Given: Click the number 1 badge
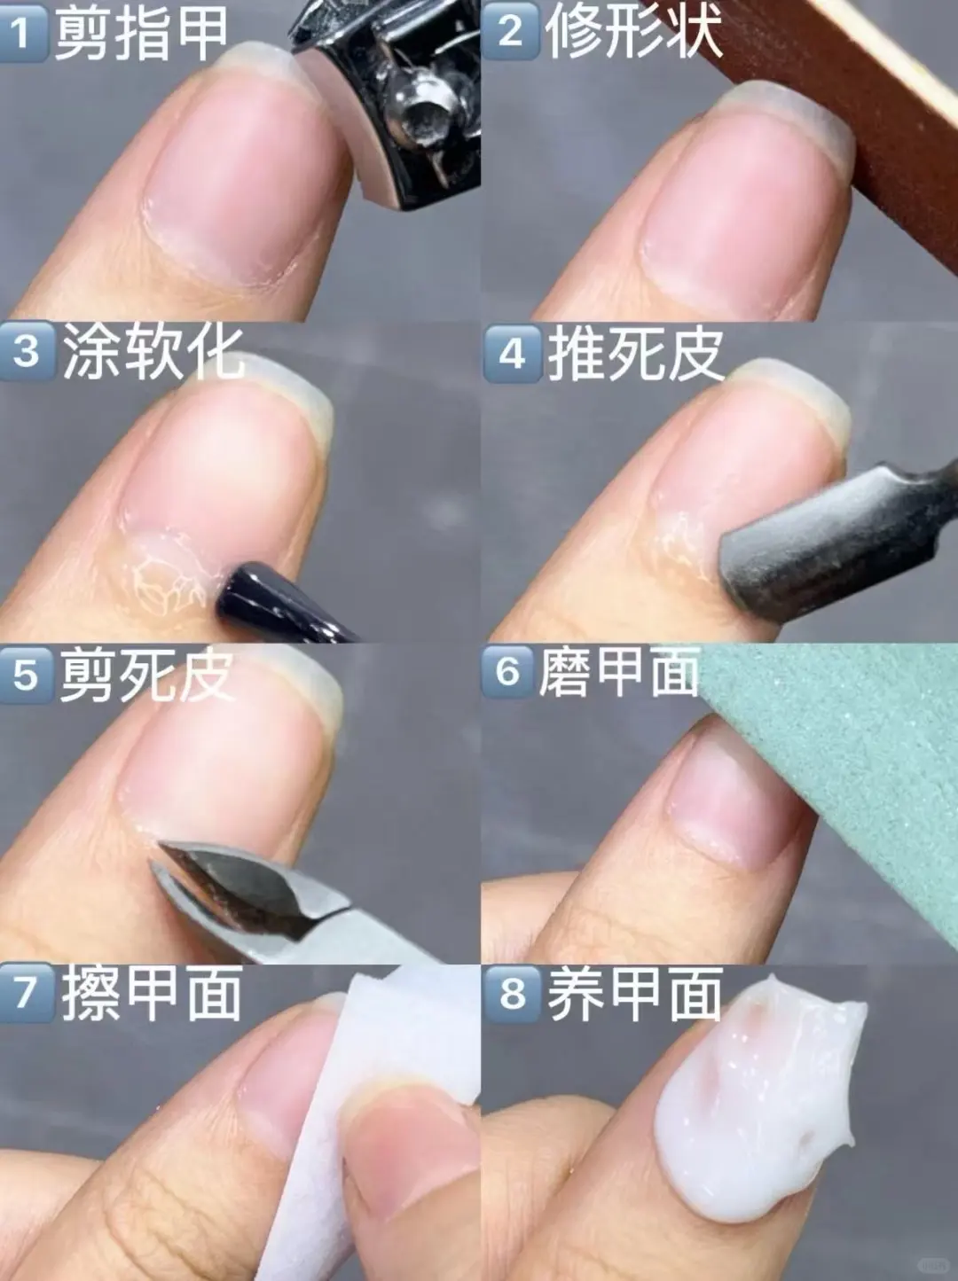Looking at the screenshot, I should tap(24, 32).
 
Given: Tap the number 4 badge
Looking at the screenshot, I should tap(512, 354).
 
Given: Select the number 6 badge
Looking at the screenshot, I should tap(508, 672).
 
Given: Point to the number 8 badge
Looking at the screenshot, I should tap(512, 993).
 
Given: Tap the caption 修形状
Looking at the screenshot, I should tap(633, 32).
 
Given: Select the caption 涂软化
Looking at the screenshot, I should tap(153, 352).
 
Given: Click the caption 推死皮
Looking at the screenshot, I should tap(635, 354).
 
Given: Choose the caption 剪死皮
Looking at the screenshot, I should tap(147, 676).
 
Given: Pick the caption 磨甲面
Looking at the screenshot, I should tap(619, 672).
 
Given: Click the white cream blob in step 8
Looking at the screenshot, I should tap(754, 1108).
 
